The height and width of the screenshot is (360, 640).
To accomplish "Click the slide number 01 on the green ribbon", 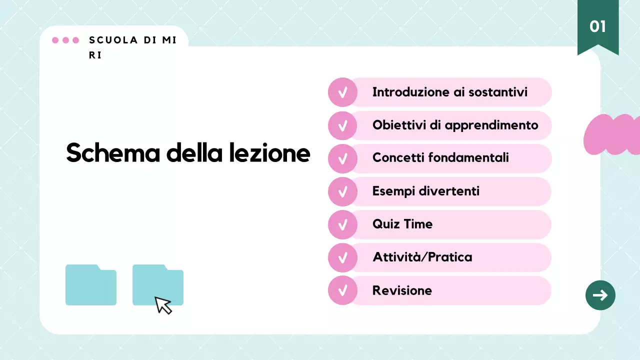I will [597, 26].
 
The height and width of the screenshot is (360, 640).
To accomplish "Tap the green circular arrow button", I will [600, 295].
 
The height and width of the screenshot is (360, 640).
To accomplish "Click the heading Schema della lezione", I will [188, 153].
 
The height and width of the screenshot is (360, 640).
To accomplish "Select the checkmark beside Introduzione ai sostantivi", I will [342, 92].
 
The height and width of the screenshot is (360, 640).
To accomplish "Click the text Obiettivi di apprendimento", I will [455, 125].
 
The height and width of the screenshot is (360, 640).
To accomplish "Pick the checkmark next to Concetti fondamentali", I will [342, 158].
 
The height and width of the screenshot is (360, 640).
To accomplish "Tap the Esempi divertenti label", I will [425, 191].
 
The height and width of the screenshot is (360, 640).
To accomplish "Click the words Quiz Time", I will [402, 224].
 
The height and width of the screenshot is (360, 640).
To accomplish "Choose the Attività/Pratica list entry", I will [422, 257].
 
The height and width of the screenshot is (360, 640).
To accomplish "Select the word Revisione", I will [402, 290].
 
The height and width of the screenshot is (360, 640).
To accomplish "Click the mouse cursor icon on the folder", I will [163, 305].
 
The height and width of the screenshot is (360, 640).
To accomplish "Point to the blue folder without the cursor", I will [91, 285].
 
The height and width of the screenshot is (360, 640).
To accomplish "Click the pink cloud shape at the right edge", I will [612, 134].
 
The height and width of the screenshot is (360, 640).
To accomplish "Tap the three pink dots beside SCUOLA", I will [65, 40].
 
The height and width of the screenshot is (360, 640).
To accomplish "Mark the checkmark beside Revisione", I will [342, 290].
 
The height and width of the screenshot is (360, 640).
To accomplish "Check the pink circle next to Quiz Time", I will [342, 224].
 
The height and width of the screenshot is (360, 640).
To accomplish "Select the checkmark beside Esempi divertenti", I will [342, 191].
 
